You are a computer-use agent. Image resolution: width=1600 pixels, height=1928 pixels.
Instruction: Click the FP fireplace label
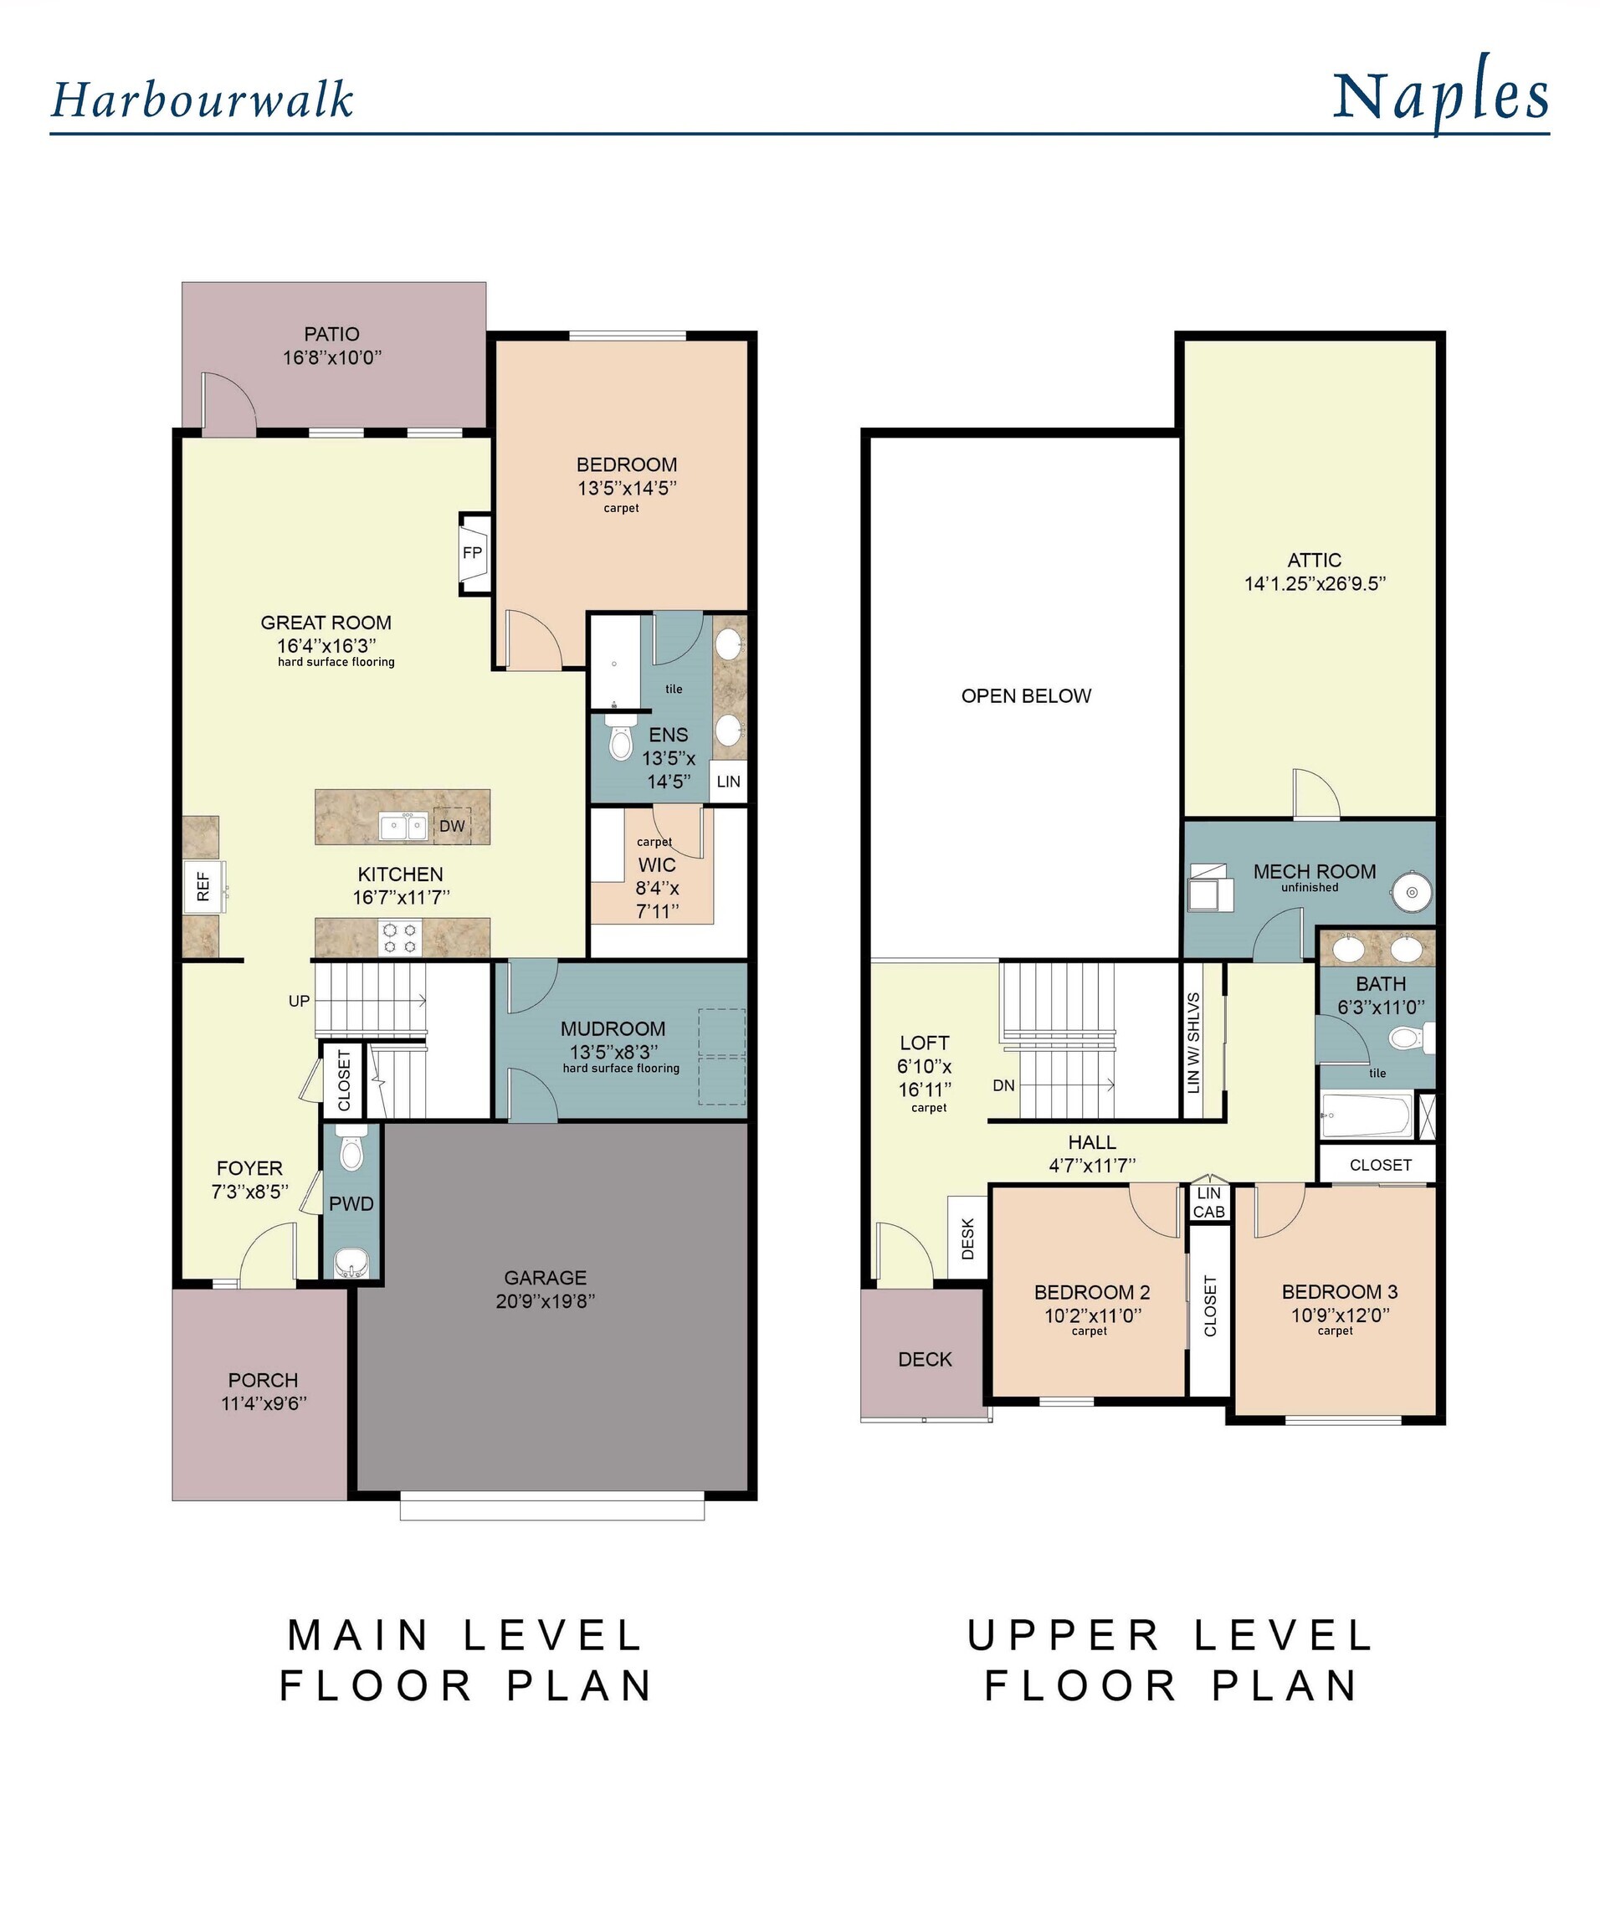coord(472,552)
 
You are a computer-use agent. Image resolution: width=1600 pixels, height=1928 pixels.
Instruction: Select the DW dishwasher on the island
coord(452,825)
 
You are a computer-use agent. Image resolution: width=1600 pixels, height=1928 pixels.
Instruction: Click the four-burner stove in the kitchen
coord(400,938)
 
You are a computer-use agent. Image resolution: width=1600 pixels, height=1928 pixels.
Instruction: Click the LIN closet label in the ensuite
coord(728,782)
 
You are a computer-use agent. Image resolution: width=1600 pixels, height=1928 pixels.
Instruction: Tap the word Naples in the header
coord(1440,96)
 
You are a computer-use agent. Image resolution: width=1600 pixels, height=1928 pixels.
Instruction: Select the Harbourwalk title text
coord(202,100)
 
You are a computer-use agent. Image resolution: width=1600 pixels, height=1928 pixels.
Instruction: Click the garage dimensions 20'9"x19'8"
coord(546,1300)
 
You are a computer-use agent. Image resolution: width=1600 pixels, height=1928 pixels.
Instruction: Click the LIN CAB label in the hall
coord(1209,1202)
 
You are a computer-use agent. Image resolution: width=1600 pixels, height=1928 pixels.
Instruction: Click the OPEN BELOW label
coord(1025,696)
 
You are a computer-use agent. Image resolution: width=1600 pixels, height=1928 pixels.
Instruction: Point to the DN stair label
coord(1003,1085)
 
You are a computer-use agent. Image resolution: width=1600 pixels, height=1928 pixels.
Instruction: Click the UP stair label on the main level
coord(300,1001)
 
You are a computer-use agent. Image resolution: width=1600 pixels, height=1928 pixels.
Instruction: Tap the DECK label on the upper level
coord(925,1359)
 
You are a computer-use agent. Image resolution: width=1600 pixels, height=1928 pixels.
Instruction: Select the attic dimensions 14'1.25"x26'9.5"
coord(1315,583)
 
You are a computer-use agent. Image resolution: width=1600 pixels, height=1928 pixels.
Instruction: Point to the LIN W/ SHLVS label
coord(1193,1042)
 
